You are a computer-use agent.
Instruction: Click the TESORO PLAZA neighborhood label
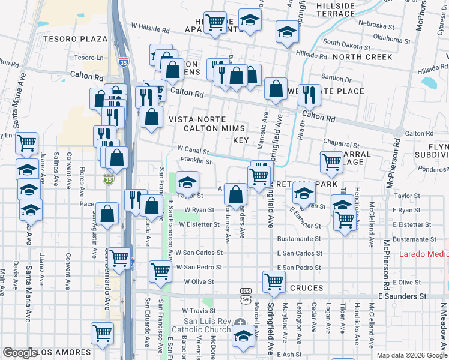(x=75, y=38)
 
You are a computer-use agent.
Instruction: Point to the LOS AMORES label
(x=66, y=352)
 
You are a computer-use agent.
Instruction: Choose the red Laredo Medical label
(x=423, y=254)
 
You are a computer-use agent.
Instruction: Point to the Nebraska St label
(x=375, y=27)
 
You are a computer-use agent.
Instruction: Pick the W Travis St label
(x=199, y=311)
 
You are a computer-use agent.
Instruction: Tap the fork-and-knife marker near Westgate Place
(x=309, y=94)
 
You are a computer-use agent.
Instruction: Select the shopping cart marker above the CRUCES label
(x=274, y=281)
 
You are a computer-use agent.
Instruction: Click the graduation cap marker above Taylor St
(x=188, y=181)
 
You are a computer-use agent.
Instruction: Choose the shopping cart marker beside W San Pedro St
(x=160, y=271)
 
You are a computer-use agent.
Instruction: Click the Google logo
(x=20, y=353)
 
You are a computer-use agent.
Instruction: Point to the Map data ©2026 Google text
(x=412, y=355)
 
